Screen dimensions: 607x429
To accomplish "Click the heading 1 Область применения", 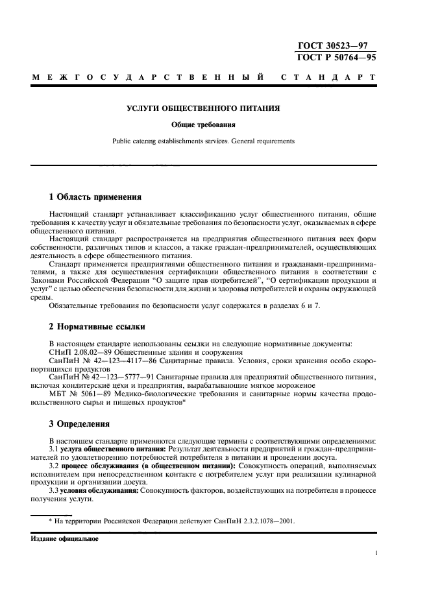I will (x=95, y=196).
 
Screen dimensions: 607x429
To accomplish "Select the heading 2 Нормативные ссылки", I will (x=97, y=327).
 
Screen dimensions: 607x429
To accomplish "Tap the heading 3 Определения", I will (x=81, y=424).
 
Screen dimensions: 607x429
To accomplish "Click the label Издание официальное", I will (x=64, y=538).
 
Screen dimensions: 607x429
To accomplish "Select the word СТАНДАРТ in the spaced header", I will (x=328, y=78).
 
